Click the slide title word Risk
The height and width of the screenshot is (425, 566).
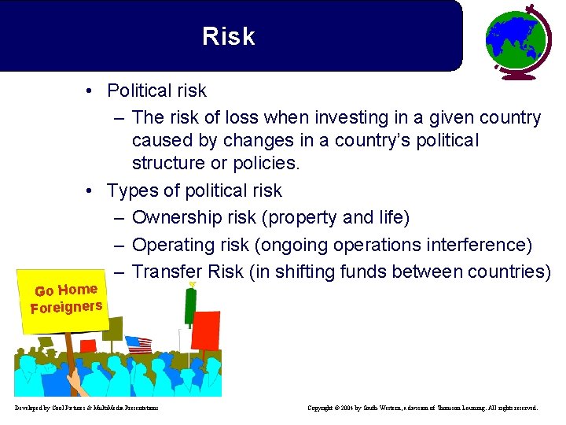click(228, 36)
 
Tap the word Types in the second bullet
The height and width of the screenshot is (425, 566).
click(130, 190)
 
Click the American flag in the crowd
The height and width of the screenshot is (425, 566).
click(139, 345)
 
